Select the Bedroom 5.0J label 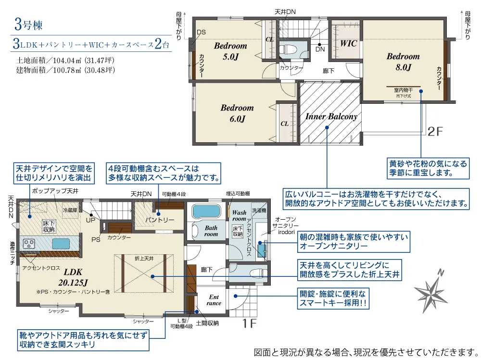click(230, 51)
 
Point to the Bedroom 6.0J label click(237, 113)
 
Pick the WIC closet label click(349, 43)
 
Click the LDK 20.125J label click(73, 275)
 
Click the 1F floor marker click(249, 324)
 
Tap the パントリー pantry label click(162, 220)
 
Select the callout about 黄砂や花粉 click(428, 168)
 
